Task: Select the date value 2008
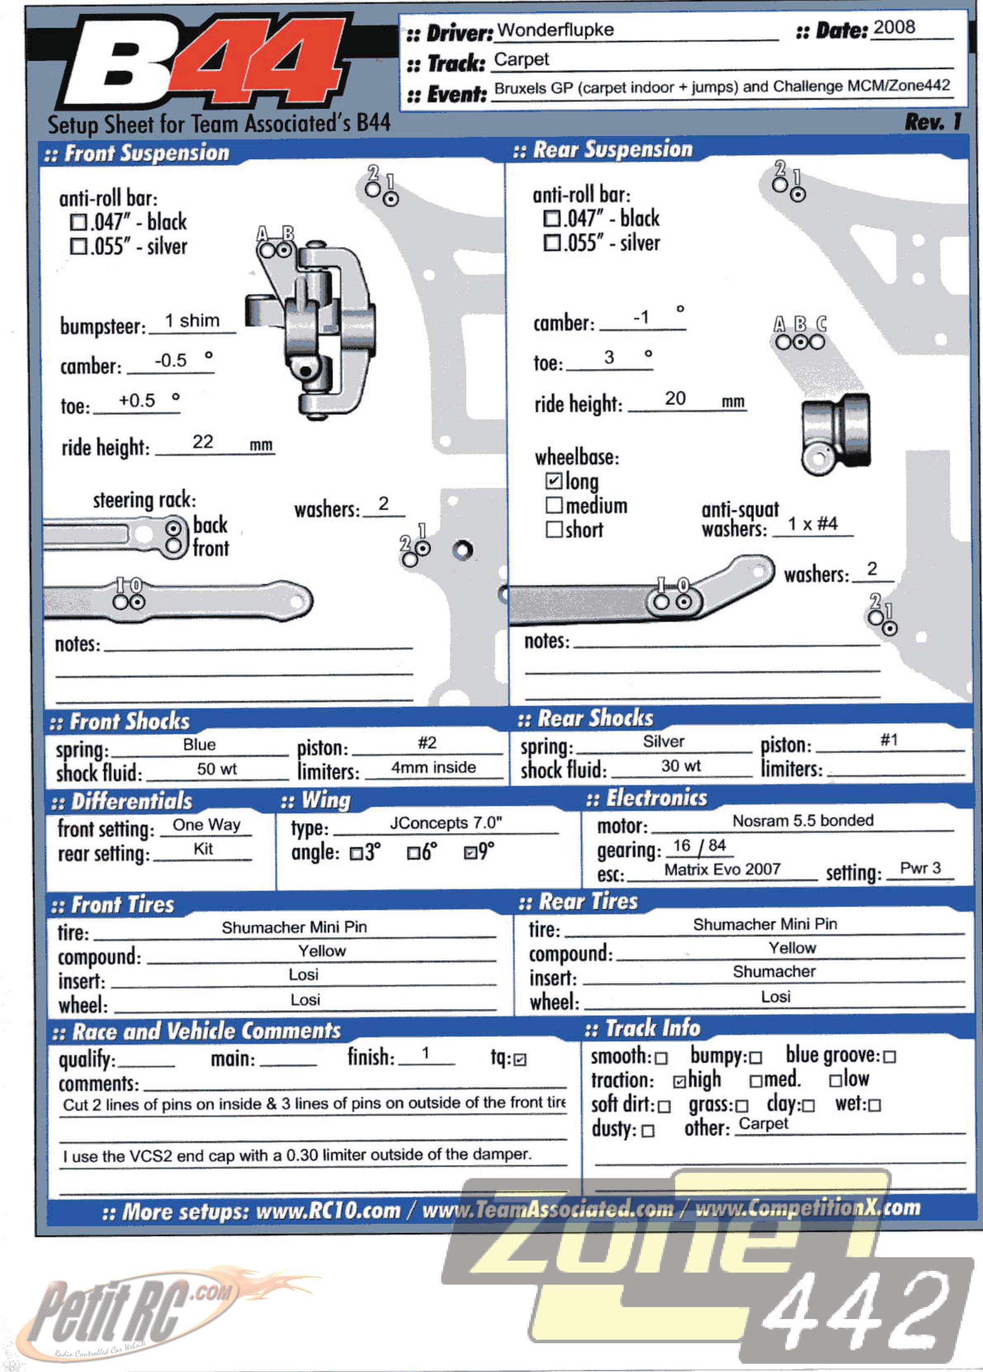pyautogui.click(x=894, y=27)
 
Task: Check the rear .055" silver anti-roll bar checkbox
pyautogui.click(x=551, y=243)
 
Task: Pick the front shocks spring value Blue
pyautogui.click(x=199, y=745)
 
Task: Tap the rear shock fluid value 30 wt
pyautogui.click(x=681, y=766)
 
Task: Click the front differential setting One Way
pyautogui.click(x=206, y=824)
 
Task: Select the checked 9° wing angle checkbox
pyautogui.click(x=470, y=853)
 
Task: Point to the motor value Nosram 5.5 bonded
pyautogui.click(x=803, y=820)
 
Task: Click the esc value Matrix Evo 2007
pyautogui.click(x=722, y=869)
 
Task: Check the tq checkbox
pyautogui.click(x=520, y=1059)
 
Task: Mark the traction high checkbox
pyautogui.click(x=680, y=1081)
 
